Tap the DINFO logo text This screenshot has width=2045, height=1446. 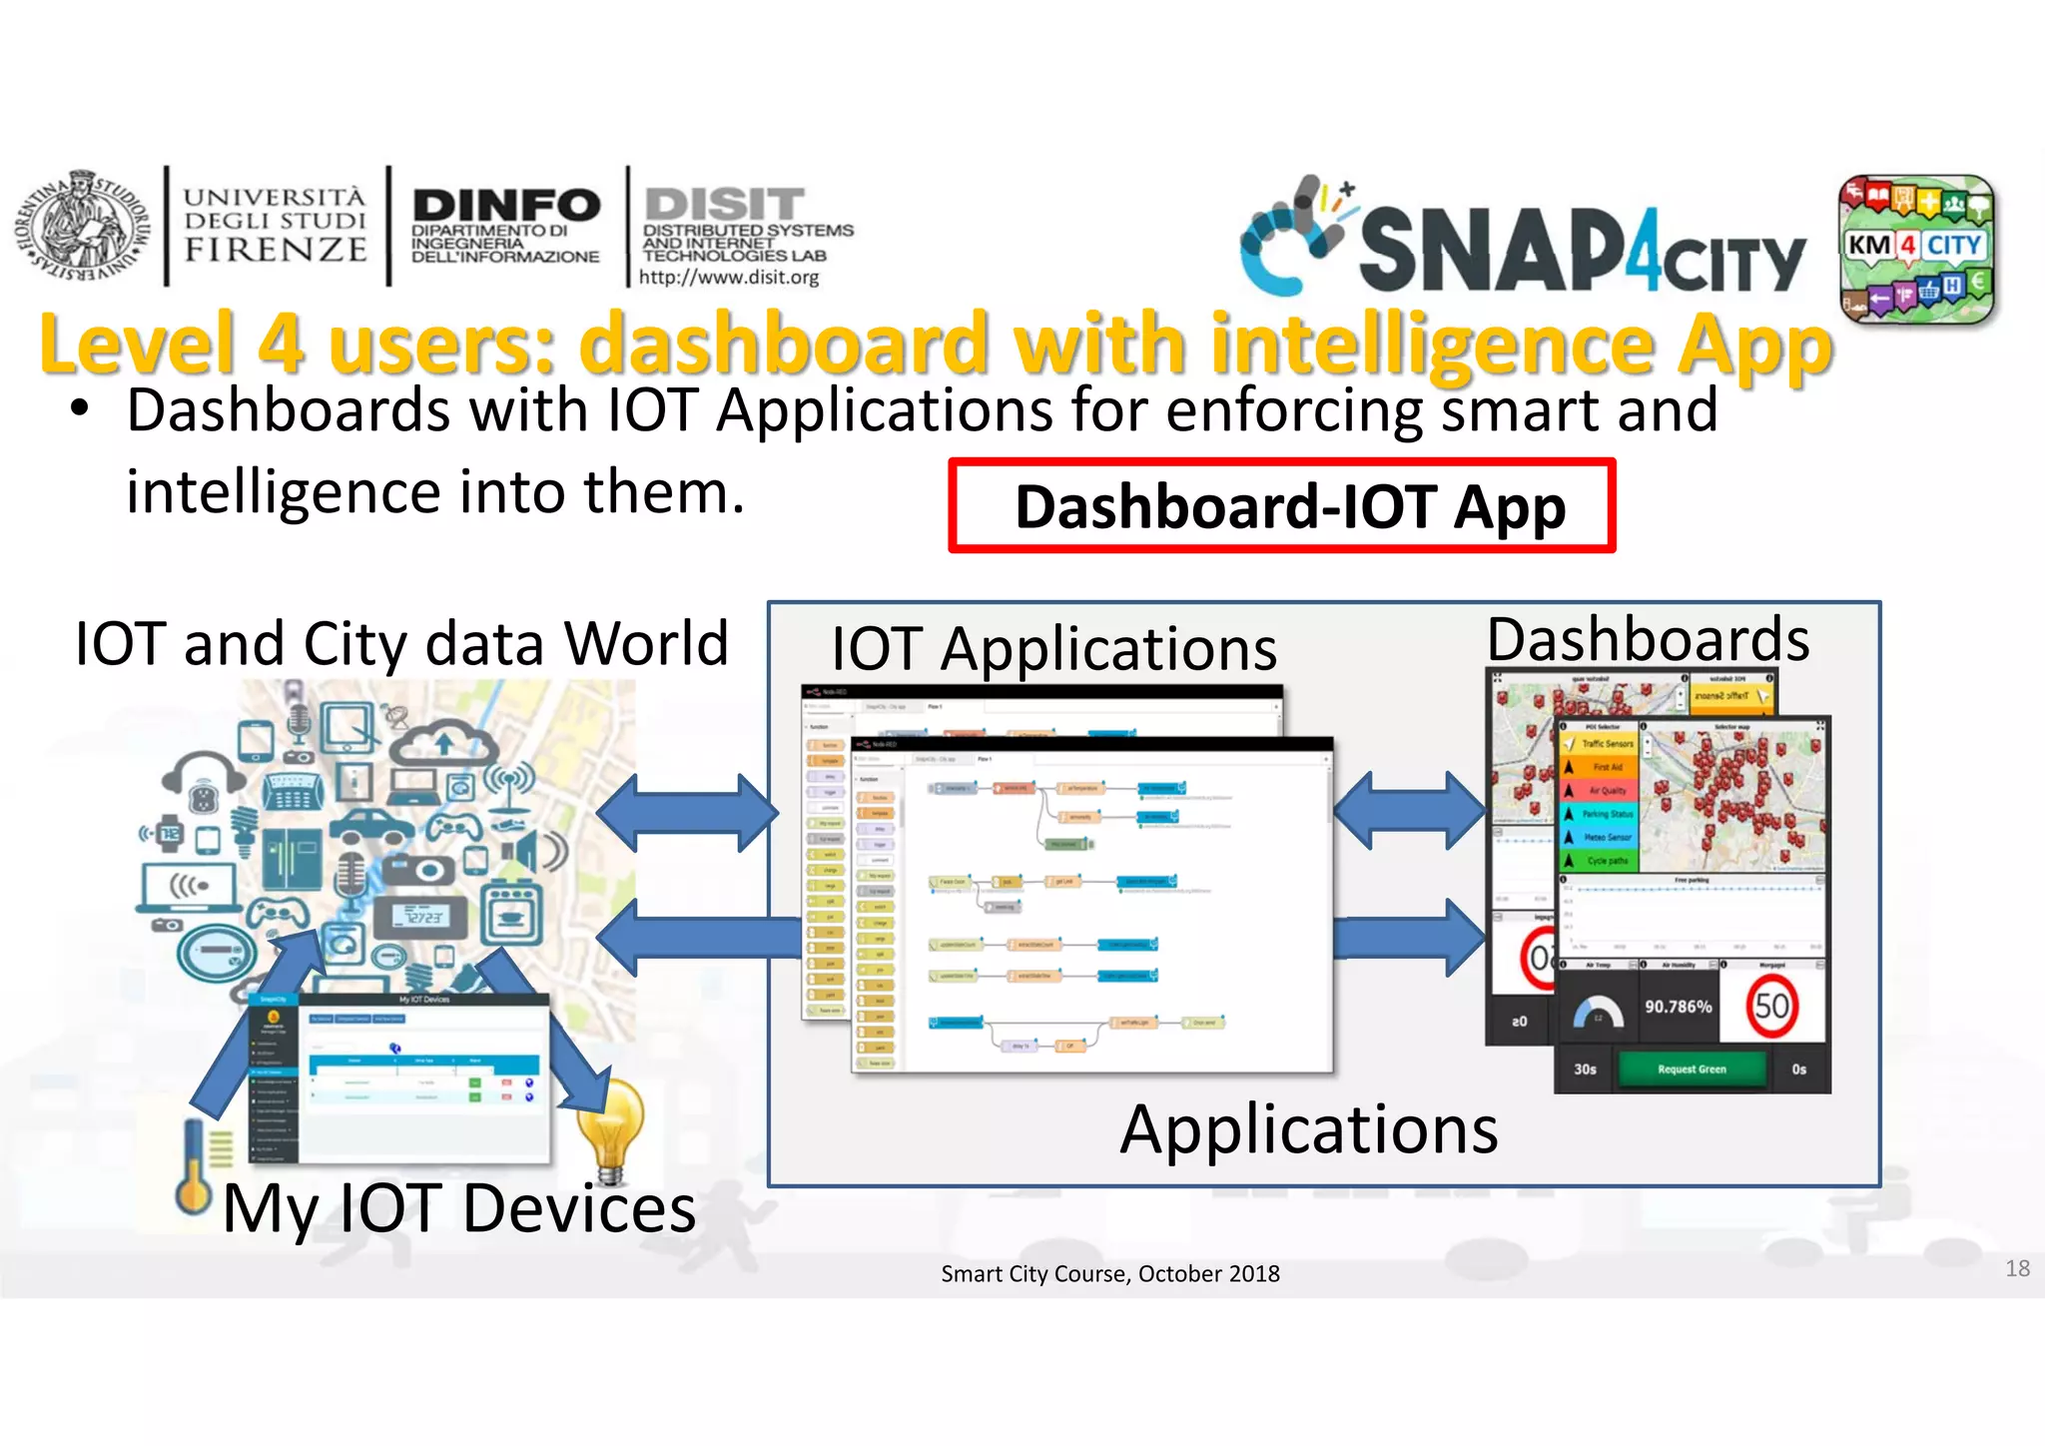(x=505, y=207)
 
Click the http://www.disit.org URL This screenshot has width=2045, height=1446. (x=729, y=278)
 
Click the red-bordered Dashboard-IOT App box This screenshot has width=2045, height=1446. (x=1281, y=506)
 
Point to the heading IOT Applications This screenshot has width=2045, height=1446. (x=1053, y=649)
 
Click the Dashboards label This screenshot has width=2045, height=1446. (x=1648, y=639)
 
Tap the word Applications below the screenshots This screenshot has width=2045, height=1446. (x=1308, y=1130)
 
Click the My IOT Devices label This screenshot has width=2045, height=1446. (x=458, y=1209)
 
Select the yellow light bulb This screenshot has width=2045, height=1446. (x=610, y=1128)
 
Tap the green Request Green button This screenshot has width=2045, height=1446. (x=1691, y=1070)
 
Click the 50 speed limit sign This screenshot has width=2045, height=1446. (x=1771, y=1006)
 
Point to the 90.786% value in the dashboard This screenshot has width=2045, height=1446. (x=1679, y=1007)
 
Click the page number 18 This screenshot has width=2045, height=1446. (x=2017, y=1268)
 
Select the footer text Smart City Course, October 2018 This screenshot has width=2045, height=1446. (x=1109, y=1274)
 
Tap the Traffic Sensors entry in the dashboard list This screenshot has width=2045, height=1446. (x=1606, y=744)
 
